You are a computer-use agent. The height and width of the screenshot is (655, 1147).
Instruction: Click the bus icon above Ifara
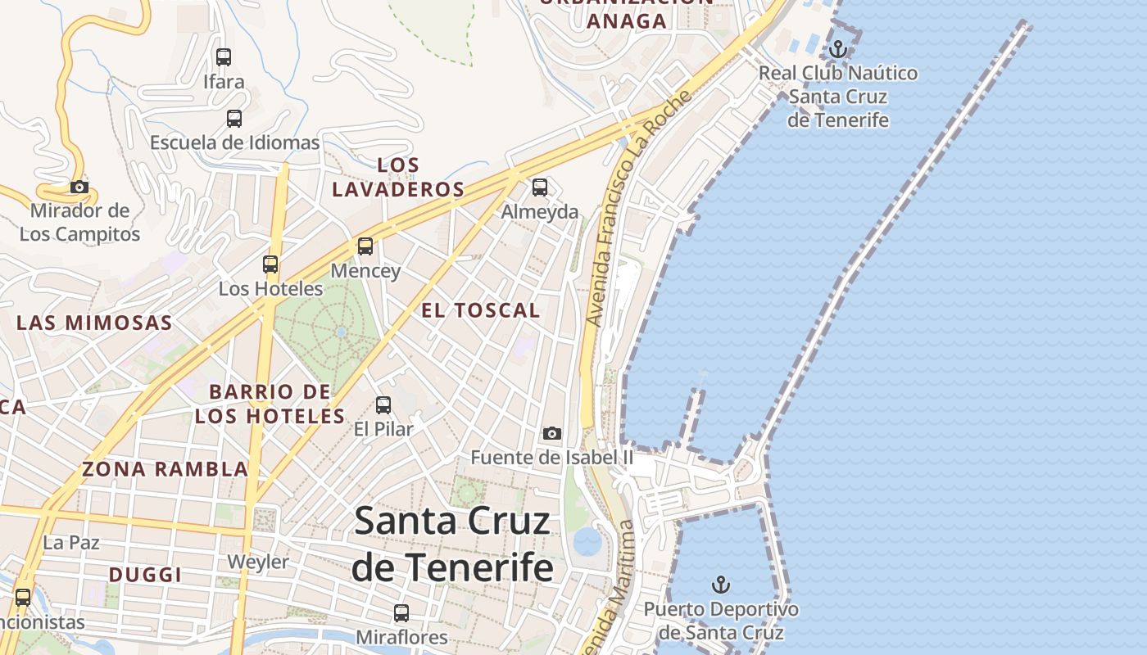223,57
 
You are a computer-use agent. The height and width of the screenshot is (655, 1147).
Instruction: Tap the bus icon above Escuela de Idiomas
234,119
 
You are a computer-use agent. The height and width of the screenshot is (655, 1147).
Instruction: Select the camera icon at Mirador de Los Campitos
79,187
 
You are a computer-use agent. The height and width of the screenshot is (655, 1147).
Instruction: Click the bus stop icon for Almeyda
539,187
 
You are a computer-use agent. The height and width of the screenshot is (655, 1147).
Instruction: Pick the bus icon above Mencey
365,246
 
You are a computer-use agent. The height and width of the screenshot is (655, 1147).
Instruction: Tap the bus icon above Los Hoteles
270,264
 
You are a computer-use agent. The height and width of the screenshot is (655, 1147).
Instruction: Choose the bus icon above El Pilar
383,404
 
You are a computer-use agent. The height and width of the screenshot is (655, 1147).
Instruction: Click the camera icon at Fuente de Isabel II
552,433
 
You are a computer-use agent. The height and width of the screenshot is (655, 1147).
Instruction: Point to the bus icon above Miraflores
401,613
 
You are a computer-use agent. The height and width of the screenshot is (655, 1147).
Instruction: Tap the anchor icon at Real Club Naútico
837,50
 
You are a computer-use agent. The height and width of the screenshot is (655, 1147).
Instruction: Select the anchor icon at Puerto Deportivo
721,585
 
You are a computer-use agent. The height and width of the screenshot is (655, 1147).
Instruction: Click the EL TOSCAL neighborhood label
481,310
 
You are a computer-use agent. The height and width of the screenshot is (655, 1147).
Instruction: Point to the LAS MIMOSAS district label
95,323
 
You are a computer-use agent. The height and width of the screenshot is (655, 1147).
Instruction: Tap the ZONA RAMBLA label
165,469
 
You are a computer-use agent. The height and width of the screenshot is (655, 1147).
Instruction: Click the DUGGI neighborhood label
145,575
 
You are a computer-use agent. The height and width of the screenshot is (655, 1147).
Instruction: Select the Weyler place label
258,562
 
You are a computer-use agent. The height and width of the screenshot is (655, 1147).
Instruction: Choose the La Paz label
71,542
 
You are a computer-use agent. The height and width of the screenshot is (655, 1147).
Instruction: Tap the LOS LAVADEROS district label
399,177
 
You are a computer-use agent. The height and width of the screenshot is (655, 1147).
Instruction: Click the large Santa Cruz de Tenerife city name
452,544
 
